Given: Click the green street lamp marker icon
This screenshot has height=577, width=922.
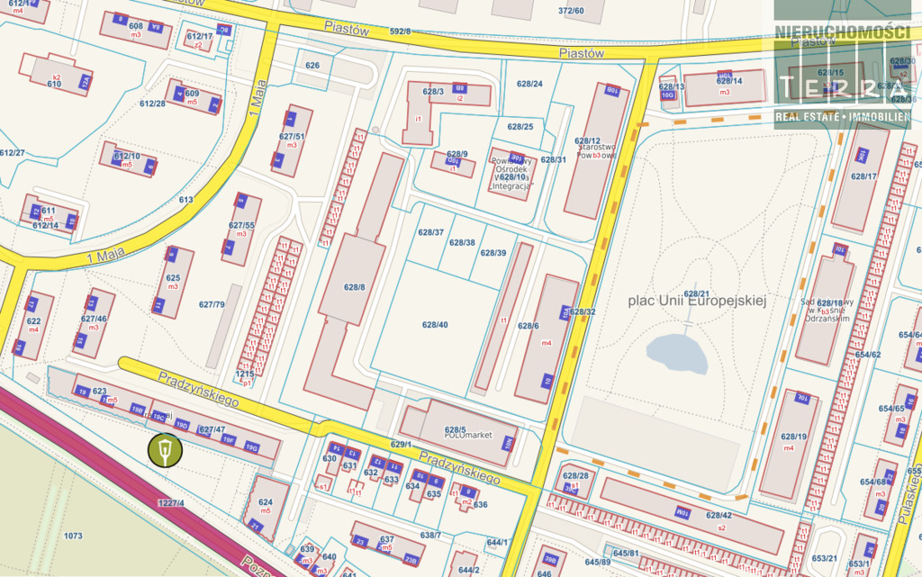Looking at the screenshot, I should pos(165,451).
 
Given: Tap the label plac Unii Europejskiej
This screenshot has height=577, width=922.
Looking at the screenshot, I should pos(696,301).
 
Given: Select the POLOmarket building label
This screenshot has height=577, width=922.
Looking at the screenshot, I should pos(467,435).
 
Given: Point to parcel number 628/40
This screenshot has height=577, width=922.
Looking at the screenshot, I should pos(435,324).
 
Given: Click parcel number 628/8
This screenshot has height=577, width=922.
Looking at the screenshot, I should pos(354,287).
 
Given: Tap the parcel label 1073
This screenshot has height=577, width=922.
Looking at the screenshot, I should pos(73,536).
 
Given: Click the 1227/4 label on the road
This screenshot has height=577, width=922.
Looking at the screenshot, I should pos(170,502).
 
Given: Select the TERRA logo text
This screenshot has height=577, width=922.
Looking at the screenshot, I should pos(842,87).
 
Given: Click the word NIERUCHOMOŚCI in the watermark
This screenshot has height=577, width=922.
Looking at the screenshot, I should pos(842,32).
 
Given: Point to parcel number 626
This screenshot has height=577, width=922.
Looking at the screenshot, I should pos(312,66).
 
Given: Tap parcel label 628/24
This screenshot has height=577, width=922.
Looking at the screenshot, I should pos(529,84).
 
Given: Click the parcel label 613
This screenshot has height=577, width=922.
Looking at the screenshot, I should pos(186,200).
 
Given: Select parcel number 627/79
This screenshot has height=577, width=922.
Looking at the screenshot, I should pos(212,304).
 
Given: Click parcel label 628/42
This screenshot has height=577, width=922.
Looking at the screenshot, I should pos(719,515).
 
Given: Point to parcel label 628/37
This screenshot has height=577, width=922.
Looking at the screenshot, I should pos(430,232).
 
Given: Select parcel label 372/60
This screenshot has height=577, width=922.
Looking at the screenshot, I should pos(571,11).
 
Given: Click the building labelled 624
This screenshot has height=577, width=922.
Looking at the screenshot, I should pos(266,502).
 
